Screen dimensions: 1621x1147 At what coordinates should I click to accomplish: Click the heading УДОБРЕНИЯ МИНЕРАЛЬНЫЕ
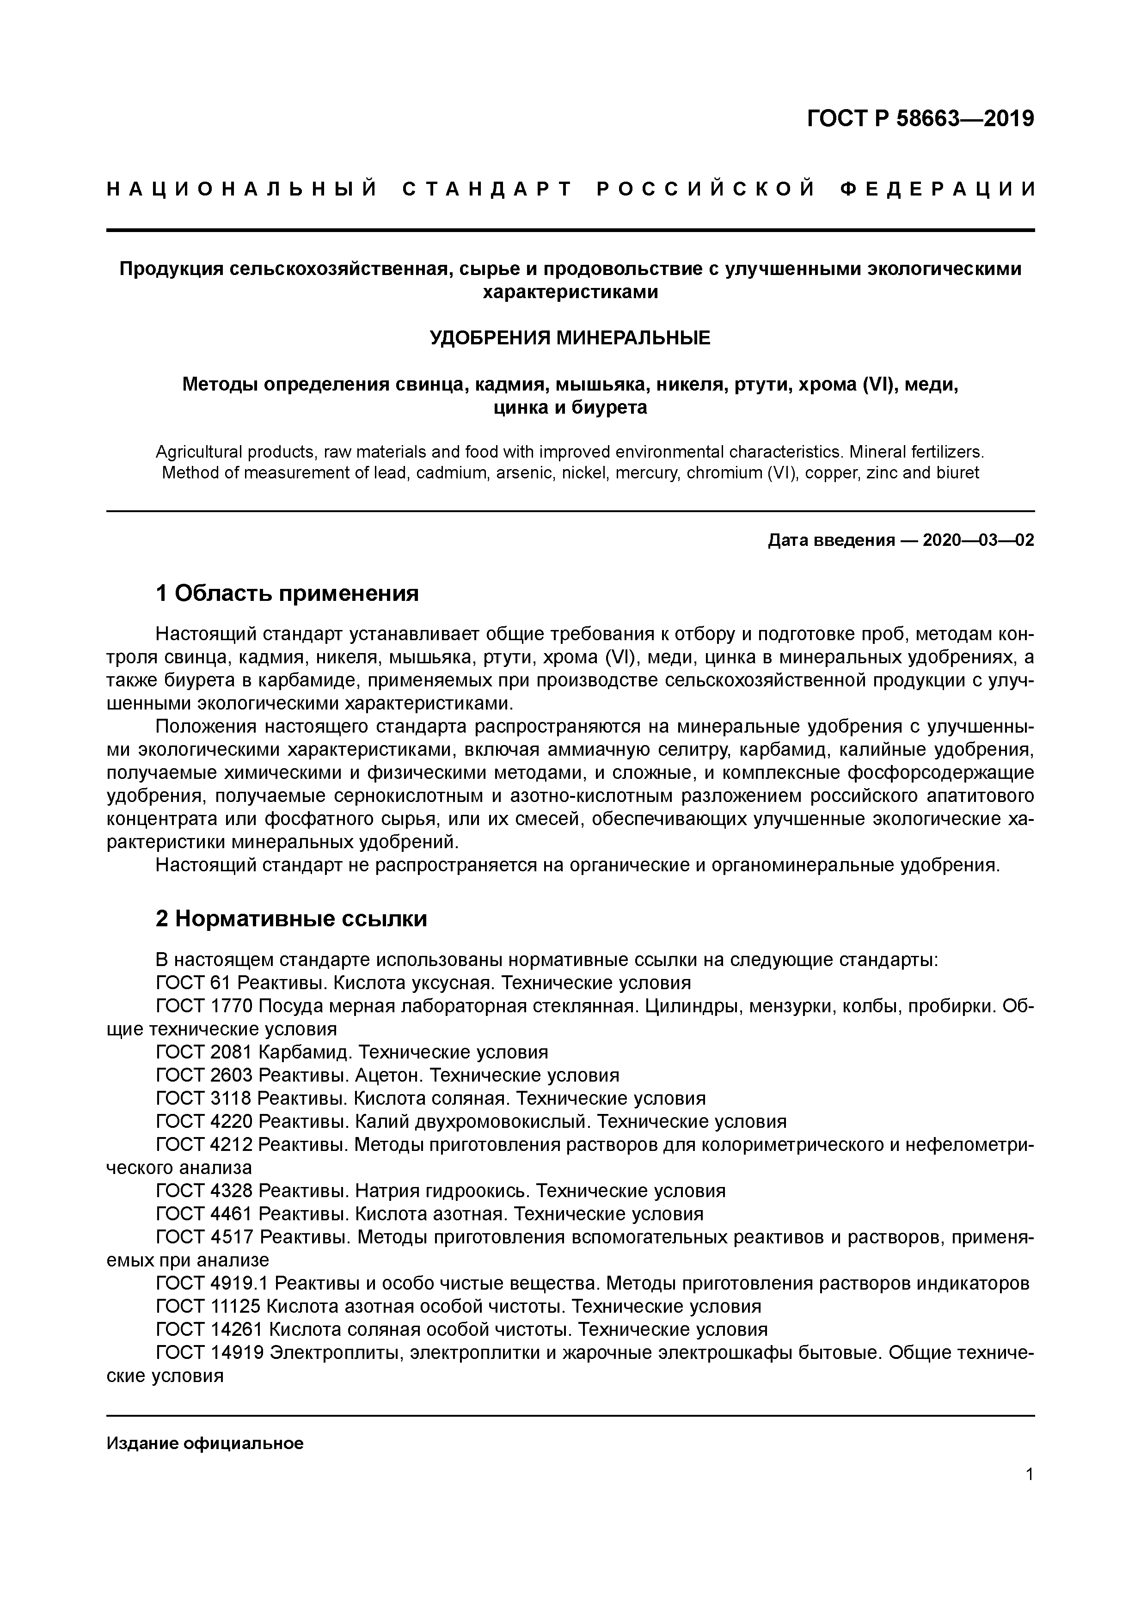[570, 338]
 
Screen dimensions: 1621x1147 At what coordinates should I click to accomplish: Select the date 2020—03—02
[978, 541]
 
